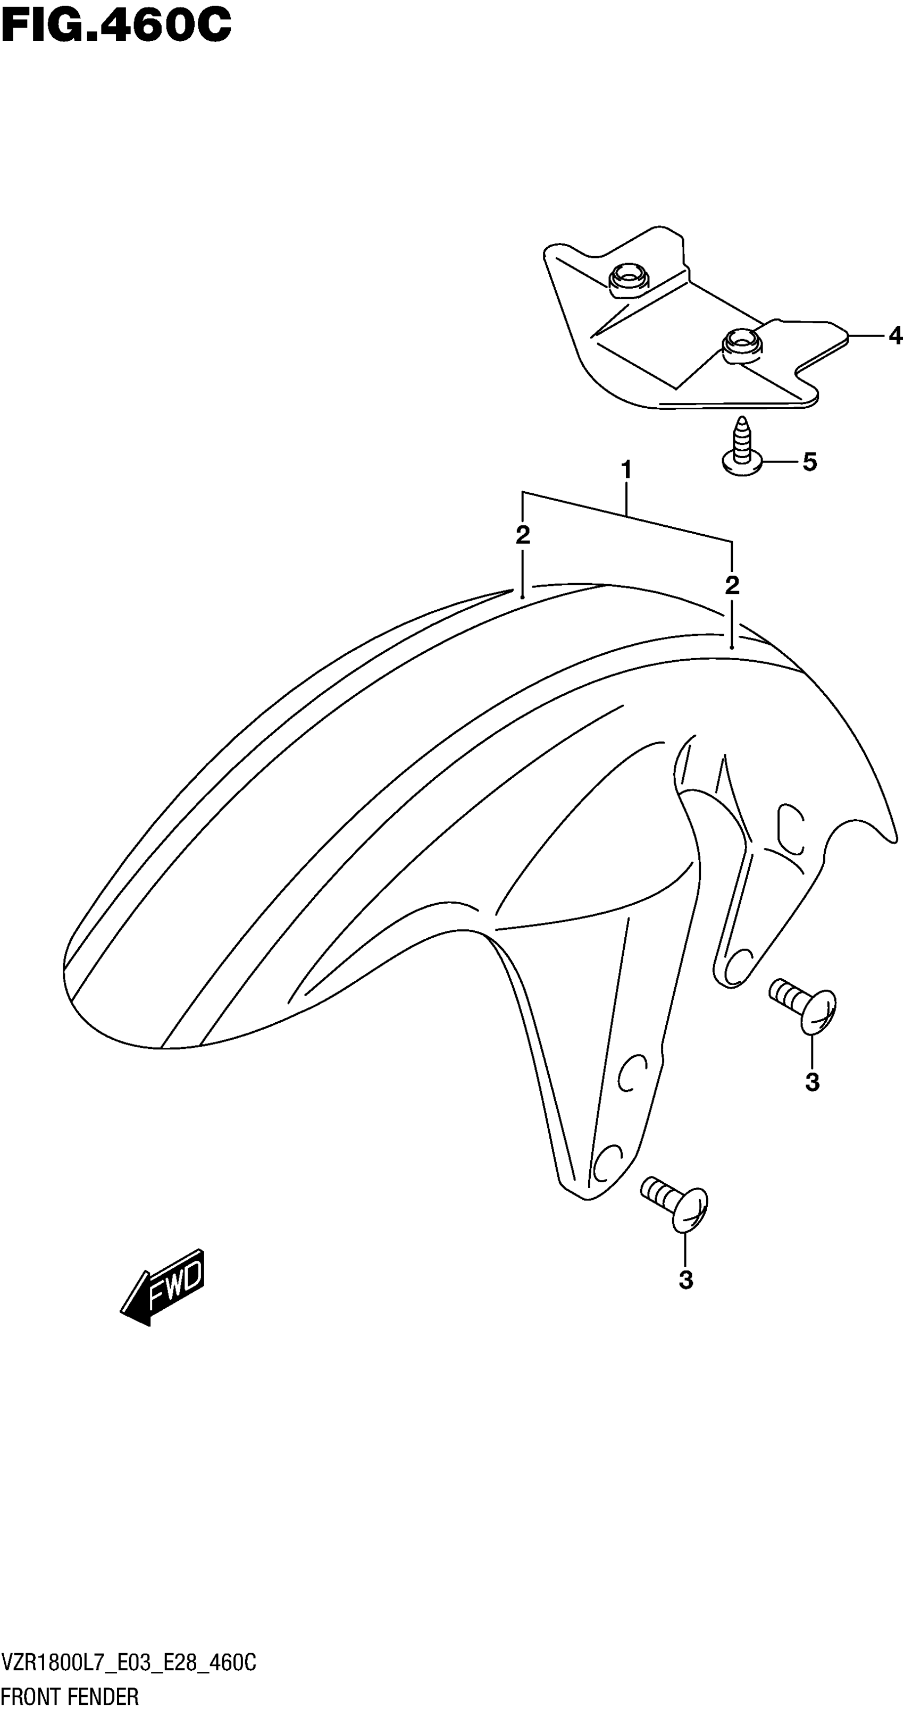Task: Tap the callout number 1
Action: (625, 470)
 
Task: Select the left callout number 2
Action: (523, 535)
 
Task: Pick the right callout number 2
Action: (732, 585)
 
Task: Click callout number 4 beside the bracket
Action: (894, 336)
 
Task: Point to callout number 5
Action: (809, 461)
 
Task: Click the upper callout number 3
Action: (811, 1082)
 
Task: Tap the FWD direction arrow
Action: (164, 1287)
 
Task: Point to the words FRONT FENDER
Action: (70, 1696)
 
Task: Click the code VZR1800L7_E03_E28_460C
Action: (128, 1664)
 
